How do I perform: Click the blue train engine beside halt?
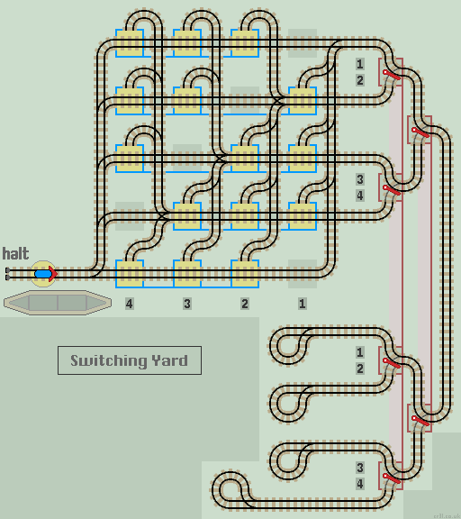point(43,272)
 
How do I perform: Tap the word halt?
point(15,253)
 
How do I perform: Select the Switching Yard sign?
point(129,360)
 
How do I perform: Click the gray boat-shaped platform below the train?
point(57,302)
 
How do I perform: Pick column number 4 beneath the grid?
point(130,304)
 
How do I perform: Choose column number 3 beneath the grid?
point(187,304)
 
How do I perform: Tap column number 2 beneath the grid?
point(245,304)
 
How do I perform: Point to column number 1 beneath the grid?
point(303,304)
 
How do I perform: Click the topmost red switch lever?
point(391,73)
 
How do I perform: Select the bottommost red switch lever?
point(391,478)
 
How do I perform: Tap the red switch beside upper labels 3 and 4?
point(391,188)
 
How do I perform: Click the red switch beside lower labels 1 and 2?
point(391,360)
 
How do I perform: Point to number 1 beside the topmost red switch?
point(360,64)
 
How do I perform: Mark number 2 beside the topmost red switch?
point(360,80)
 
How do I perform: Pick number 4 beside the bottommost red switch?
point(360,484)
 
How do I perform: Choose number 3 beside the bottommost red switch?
point(360,468)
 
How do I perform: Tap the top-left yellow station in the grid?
point(130,41)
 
